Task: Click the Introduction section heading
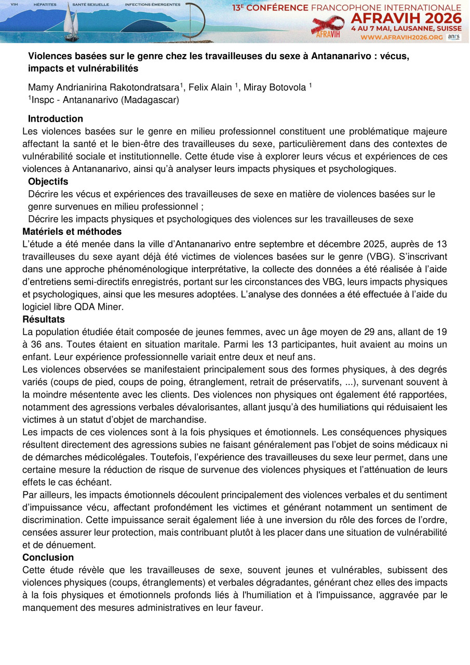pos(56,119)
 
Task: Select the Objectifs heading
pos(48,182)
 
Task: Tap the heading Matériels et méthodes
pos(72,232)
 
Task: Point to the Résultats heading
pos(44,320)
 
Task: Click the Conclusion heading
pos(48,557)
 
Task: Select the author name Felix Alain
pos(210,87)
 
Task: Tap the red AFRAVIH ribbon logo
pos(328,26)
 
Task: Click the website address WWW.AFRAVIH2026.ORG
pos(401,37)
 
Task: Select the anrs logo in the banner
pos(453,37)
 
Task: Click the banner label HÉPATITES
pos(45,4)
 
